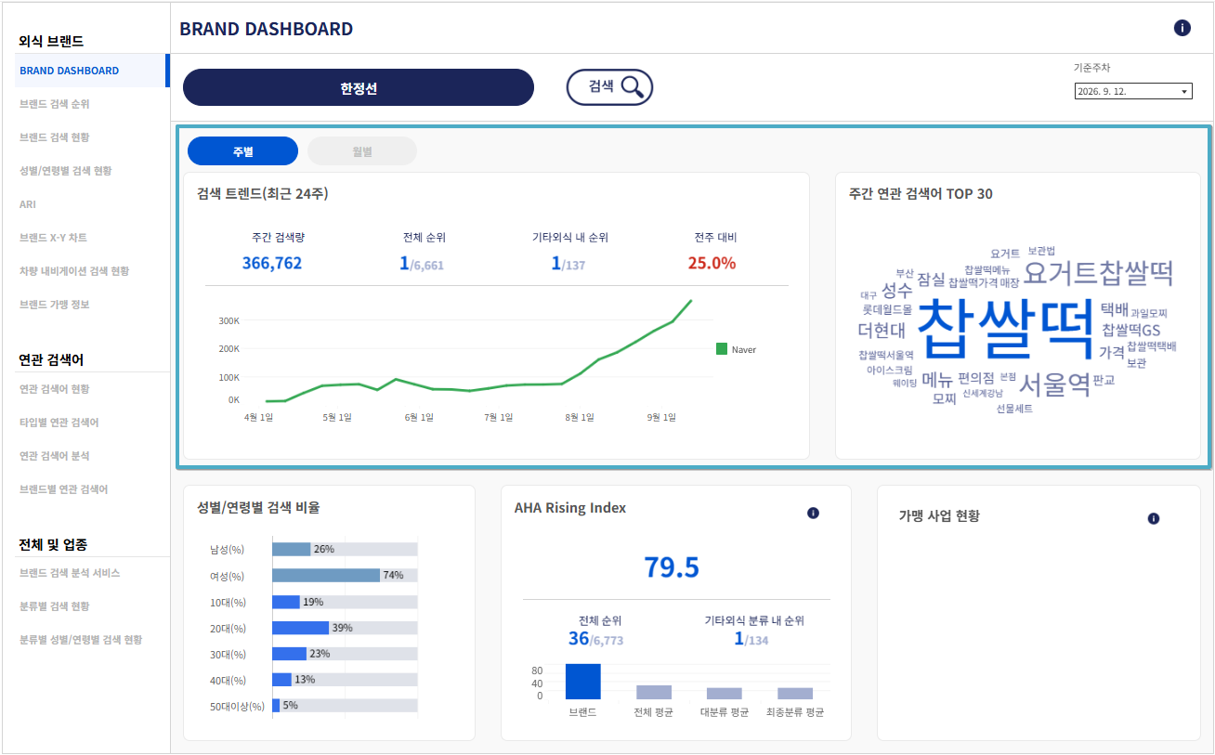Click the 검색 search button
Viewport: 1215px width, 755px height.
tap(609, 86)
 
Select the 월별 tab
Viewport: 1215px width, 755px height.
tap(361, 151)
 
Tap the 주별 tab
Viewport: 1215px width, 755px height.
tap(242, 151)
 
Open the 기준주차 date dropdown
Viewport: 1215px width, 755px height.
tap(1133, 91)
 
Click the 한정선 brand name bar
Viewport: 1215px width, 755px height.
tap(358, 87)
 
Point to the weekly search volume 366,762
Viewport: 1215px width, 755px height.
tap(272, 263)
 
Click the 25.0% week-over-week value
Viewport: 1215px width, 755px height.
tap(712, 263)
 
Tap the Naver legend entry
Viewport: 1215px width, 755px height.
tap(736, 349)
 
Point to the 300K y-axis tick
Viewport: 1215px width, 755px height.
tap(229, 320)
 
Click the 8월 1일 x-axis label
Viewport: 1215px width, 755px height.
tap(580, 417)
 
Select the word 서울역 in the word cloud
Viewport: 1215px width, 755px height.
tap(1054, 384)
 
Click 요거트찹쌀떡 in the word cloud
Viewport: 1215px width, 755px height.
tap(1098, 272)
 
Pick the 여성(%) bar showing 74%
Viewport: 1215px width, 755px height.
tap(326, 575)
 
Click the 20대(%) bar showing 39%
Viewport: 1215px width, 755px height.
tap(300, 628)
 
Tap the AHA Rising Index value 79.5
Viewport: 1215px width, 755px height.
tap(672, 567)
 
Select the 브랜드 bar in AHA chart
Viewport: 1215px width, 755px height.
tap(582, 682)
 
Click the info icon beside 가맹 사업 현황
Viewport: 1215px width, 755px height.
tap(1153, 518)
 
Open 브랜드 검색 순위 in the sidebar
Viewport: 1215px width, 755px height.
tap(54, 104)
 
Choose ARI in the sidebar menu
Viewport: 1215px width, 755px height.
tap(28, 204)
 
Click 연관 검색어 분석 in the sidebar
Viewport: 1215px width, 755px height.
tap(54, 456)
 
